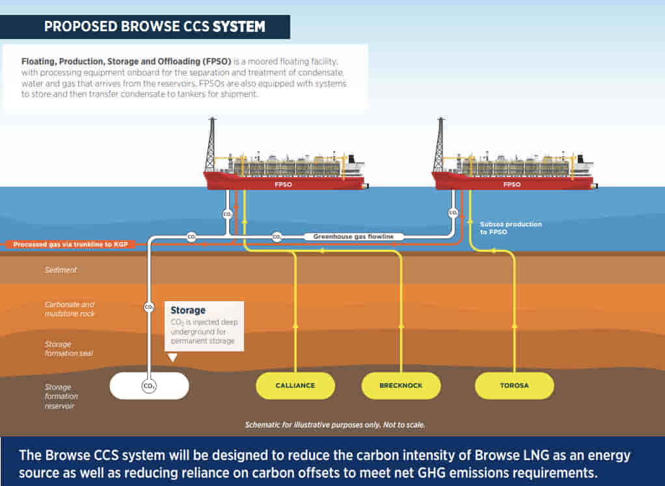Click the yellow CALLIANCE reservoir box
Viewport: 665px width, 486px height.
point(295,385)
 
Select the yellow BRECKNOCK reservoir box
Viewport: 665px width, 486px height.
point(401,385)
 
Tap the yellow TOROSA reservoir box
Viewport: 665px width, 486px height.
point(514,385)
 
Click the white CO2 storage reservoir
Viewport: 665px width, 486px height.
point(149,386)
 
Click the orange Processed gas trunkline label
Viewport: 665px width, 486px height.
point(69,244)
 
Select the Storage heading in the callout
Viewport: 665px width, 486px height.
point(188,310)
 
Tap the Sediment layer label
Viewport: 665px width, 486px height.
point(61,269)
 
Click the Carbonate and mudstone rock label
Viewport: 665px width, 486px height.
point(70,309)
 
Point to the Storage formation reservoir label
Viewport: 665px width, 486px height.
point(62,396)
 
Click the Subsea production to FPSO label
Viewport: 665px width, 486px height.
point(511,228)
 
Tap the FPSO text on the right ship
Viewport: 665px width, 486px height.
point(512,184)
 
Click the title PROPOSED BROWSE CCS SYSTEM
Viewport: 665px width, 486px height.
point(154,27)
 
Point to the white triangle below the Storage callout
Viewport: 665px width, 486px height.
point(172,357)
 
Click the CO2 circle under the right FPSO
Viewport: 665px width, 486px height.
point(452,212)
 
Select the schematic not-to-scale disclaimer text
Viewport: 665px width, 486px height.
point(335,425)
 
